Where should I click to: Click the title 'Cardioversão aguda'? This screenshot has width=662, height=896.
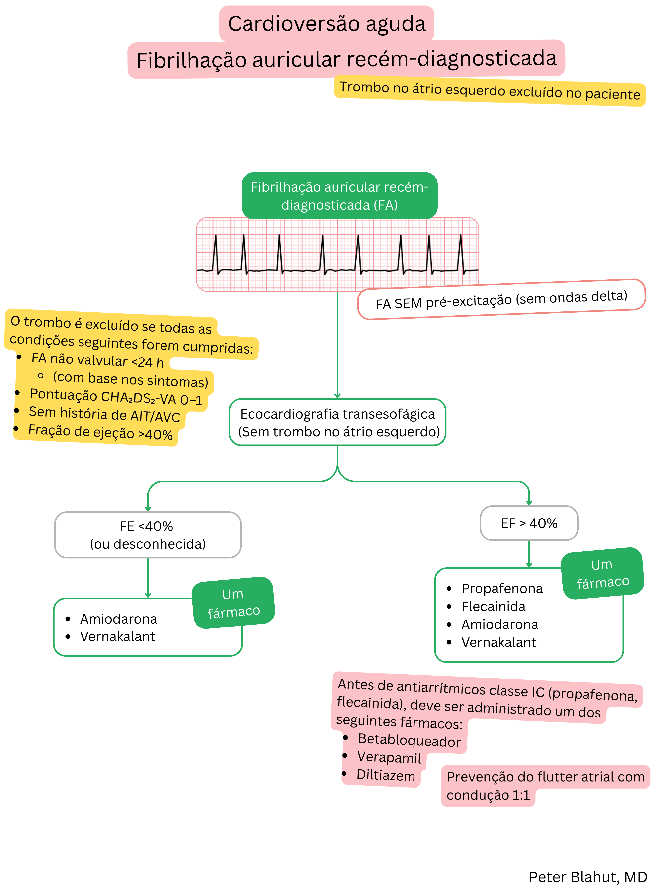tap(327, 24)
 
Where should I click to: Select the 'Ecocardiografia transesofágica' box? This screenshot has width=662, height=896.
tap(337, 422)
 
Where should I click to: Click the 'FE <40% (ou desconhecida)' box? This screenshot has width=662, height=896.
tap(148, 535)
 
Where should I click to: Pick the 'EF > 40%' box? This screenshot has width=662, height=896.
tap(529, 523)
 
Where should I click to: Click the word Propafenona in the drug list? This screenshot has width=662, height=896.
tap(502, 589)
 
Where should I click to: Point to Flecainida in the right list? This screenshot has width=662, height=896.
tap(493, 607)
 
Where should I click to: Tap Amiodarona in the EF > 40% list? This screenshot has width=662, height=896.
tap(500, 625)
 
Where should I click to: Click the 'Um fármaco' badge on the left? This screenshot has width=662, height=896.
tap(233, 603)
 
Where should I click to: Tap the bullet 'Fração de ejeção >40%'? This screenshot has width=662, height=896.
tap(100, 432)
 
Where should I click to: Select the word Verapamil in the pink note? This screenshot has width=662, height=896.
tap(389, 758)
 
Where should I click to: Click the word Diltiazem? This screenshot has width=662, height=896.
tap(386, 775)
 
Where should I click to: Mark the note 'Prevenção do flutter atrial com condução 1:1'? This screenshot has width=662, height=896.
tap(545, 785)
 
